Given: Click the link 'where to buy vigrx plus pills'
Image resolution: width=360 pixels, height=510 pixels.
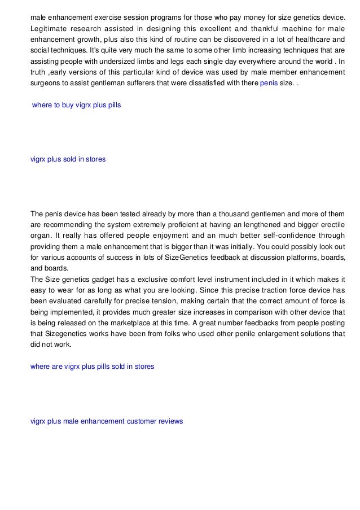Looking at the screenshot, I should click(77, 105).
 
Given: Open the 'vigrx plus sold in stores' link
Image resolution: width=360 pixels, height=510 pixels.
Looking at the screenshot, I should click(68, 159).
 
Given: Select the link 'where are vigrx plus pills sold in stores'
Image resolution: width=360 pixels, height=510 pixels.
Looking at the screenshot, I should click(92, 367).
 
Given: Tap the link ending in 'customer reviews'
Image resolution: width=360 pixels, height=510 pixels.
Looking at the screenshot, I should click(107, 421).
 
